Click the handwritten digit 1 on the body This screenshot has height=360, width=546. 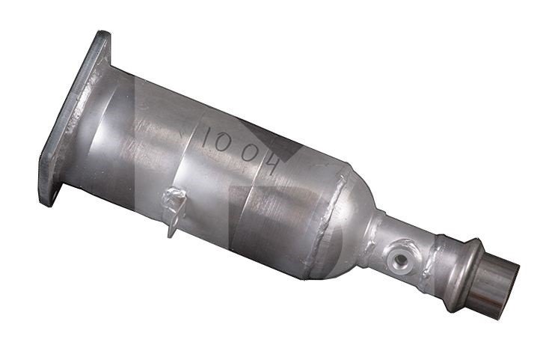point(206,138)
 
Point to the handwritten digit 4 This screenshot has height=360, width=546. point(272,164)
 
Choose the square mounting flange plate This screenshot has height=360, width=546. point(74,118)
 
